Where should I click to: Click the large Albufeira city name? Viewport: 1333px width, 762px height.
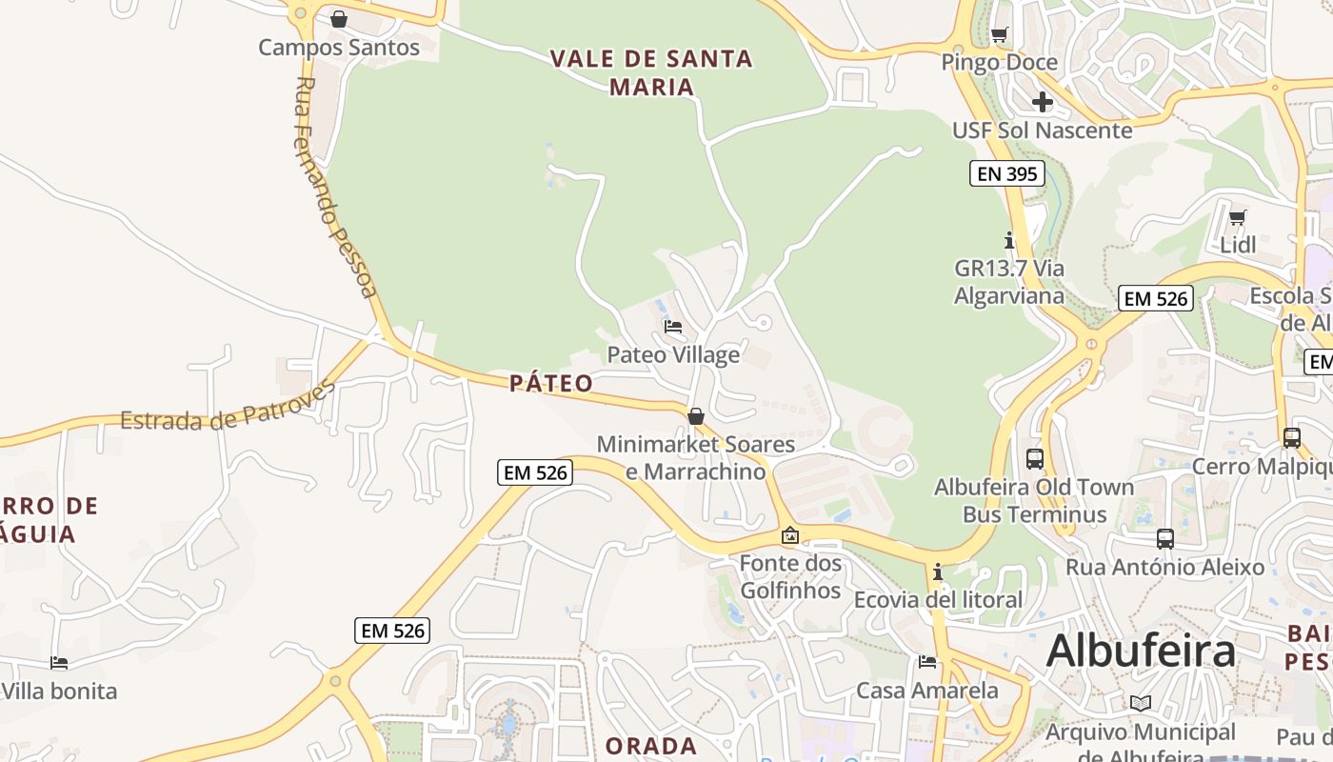point(1141,652)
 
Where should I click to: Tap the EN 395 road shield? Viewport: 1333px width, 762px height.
point(1007,173)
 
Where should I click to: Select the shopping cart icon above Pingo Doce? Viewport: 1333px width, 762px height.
point(999,35)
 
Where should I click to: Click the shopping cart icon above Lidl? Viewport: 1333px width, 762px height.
point(1237,218)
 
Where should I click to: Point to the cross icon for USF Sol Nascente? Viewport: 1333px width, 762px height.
point(1043,102)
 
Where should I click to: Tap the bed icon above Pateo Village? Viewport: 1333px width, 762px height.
point(673,327)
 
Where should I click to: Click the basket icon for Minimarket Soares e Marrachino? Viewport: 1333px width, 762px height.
point(696,416)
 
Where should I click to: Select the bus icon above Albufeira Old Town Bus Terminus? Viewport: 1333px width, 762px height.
point(1035,459)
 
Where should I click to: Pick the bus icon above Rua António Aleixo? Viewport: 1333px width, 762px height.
point(1164,539)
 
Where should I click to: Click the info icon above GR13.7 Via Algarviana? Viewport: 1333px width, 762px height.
point(1009,241)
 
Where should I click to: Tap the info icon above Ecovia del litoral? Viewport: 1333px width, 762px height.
point(938,572)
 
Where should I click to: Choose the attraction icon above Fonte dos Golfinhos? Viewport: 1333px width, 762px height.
point(789,536)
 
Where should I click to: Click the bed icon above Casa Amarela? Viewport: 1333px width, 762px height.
point(927,662)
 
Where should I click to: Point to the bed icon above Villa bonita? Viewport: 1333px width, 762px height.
point(59,663)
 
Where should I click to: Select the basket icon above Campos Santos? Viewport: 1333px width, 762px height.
point(338,19)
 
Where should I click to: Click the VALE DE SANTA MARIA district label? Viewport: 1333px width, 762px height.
point(652,72)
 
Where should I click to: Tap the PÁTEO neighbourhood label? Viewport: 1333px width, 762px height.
point(550,383)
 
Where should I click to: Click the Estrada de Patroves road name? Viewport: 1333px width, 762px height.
point(229,407)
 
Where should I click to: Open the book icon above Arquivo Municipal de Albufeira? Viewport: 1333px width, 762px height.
point(1140,704)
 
